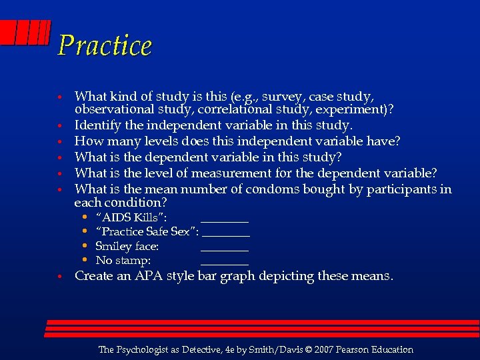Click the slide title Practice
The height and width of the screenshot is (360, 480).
(x=105, y=45)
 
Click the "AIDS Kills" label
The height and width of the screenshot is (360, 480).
(x=131, y=217)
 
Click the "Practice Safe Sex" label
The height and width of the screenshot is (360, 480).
(x=147, y=232)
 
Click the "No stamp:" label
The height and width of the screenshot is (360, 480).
(x=123, y=261)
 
